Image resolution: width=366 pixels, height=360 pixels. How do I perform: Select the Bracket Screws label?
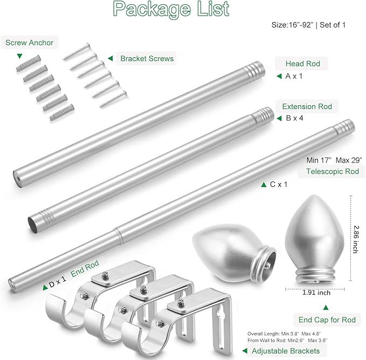[147, 58]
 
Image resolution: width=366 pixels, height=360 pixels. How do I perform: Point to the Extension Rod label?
[307, 106]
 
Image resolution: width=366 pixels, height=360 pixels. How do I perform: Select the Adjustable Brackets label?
[286, 351]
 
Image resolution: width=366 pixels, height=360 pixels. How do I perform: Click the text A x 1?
[294, 76]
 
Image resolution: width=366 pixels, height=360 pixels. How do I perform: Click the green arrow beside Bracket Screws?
[110, 58]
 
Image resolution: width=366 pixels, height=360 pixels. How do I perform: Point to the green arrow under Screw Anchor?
[20, 56]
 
